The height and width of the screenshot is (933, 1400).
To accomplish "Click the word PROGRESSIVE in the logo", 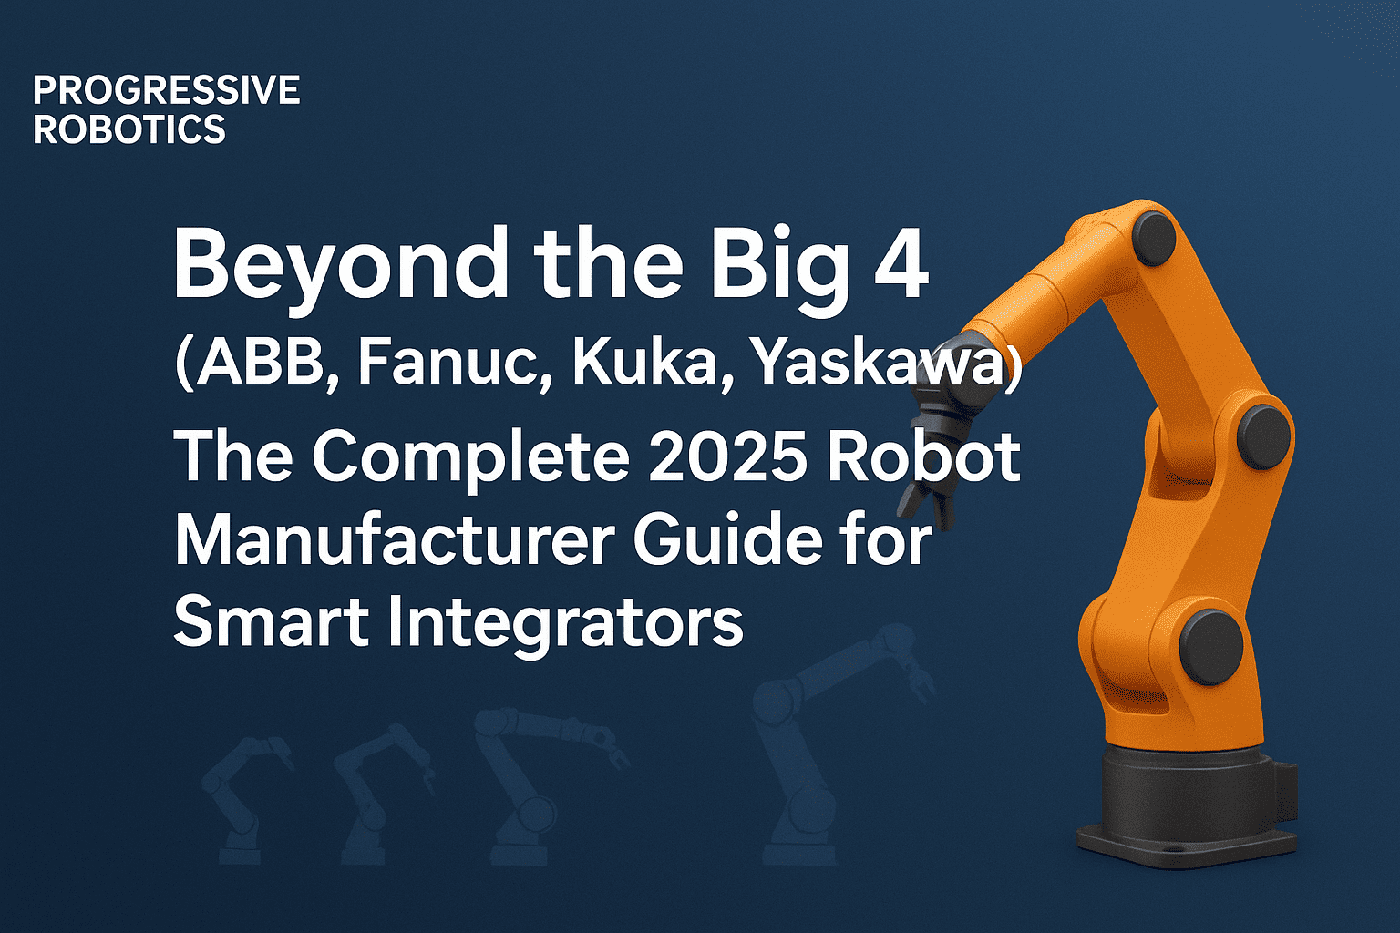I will (166, 90).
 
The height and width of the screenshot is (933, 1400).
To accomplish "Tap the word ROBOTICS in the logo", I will (129, 129).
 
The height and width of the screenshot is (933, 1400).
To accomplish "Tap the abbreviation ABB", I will (259, 363).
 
